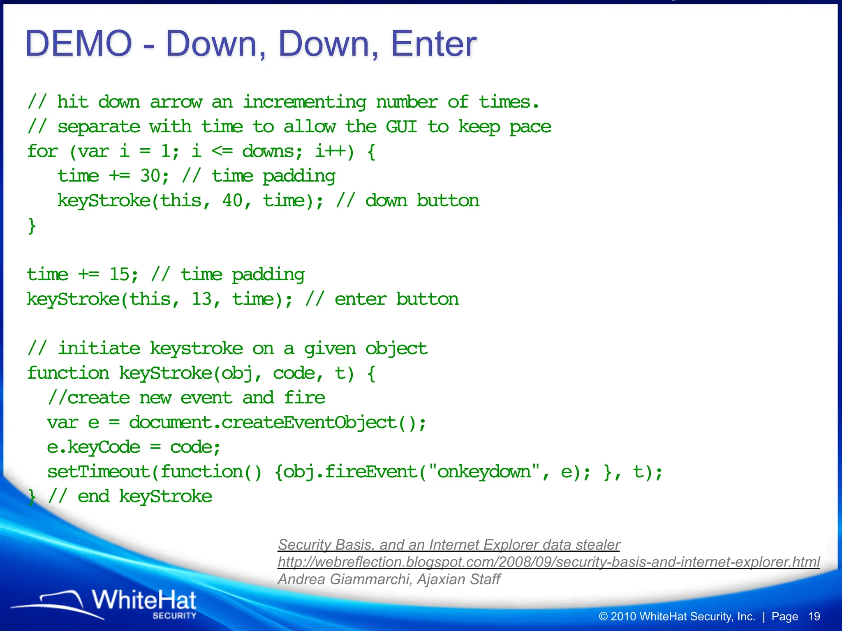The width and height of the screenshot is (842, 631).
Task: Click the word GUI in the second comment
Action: coord(401,127)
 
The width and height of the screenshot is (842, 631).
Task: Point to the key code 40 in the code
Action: coord(232,200)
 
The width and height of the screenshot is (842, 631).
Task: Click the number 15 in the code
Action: coord(119,274)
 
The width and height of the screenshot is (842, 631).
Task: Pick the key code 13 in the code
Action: coord(201,299)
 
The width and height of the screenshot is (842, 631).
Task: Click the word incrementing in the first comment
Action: coord(304,102)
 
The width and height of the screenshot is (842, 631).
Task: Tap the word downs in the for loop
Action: coord(268,151)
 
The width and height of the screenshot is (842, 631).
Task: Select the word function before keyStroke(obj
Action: coord(68,373)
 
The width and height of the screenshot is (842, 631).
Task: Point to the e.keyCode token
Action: coord(93,447)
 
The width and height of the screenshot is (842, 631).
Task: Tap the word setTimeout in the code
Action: coord(99,472)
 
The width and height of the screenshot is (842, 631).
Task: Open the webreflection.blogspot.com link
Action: coord(548,562)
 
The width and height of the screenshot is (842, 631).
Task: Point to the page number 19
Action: coord(814,617)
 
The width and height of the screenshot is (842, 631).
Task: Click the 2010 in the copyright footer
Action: coord(623,617)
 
